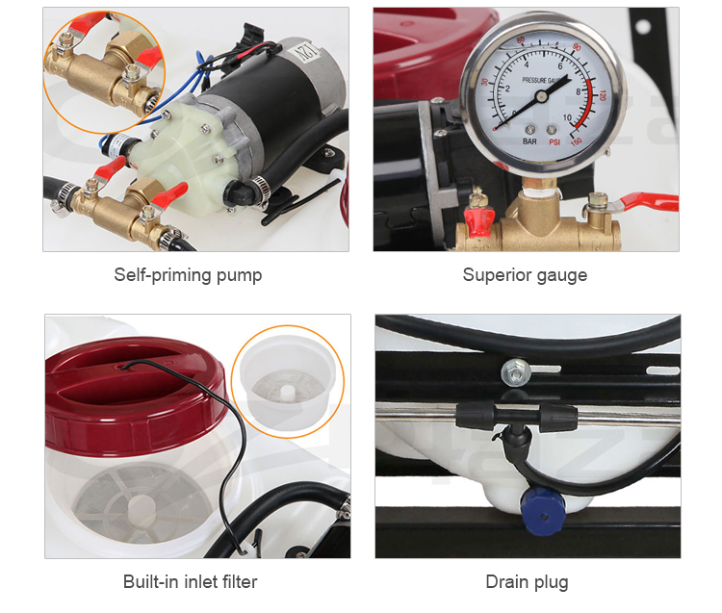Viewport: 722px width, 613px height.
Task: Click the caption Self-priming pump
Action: coord(188,275)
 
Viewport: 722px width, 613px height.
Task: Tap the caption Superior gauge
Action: coord(525,275)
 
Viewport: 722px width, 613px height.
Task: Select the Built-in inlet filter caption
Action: coord(190,581)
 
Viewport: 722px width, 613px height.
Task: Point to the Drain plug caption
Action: coord(526,581)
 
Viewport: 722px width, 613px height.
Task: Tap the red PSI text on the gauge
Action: coord(556,141)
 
